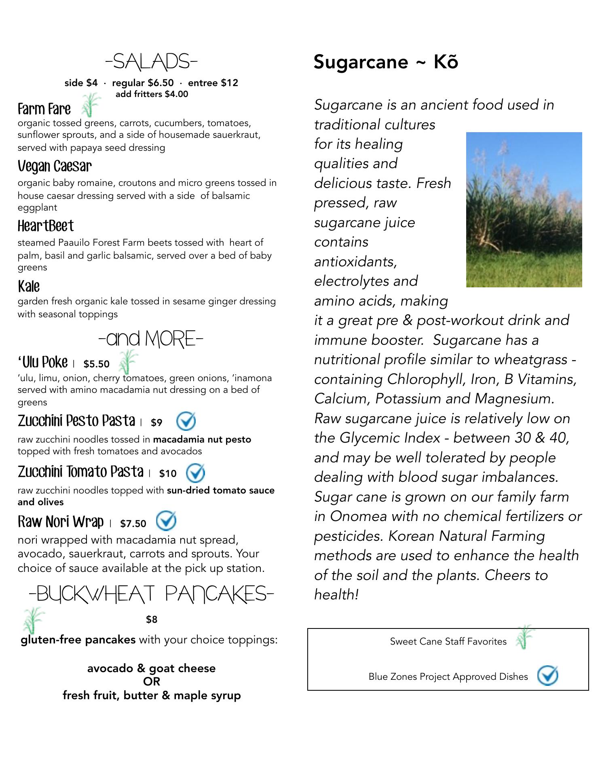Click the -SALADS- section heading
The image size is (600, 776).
pyautogui.click(x=151, y=62)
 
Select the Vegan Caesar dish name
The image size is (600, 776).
pyautogui.click(x=55, y=166)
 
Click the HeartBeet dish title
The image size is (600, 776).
pyautogui.click(x=46, y=226)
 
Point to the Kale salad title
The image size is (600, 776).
pyautogui.click(x=29, y=286)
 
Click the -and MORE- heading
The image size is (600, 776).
pyautogui.click(x=150, y=339)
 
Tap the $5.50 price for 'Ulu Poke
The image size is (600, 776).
pyautogui.click(x=96, y=364)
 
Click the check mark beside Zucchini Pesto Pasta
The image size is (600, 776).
pyautogui.click(x=186, y=421)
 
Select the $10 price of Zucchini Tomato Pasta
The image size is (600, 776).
pyautogui.click(x=168, y=473)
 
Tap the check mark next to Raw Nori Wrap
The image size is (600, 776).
pyautogui.click(x=166, y=521)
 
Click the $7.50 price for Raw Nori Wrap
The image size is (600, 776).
pyautogui.click(x=133, y=523)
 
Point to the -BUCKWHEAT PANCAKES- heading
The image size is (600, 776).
pyautogui.click(x=151, y=594)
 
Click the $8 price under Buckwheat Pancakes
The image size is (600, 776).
pyautogui.click(x=152, y=619)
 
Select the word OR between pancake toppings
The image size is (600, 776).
pyautogui.click(x=152, y=681)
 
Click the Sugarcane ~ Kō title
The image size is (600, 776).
pyautogui.click(x=386, y=62)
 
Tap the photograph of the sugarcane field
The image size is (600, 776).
pyautogui.click(x=524, y=209)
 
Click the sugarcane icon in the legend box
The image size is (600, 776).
pyautogui.click(x=524, y=637)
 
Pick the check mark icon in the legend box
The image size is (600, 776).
pyautogui.click(x=547, y=675)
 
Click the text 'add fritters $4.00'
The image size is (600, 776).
pyautogui.click(x=152, y=94)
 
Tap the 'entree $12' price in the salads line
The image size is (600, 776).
pyautogui.click(x=213, y=83)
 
